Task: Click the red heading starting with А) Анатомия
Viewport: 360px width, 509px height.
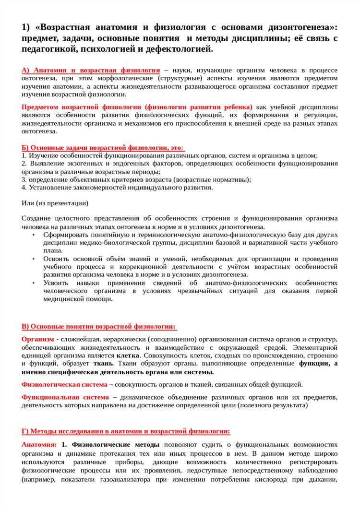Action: point(91,70)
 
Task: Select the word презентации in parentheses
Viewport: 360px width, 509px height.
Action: point(67,203)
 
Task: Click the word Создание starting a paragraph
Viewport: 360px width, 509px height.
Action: point(36,218)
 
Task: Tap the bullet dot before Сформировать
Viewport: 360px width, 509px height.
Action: point(34,235)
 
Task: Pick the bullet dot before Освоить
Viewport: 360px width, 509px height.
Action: point(34,259)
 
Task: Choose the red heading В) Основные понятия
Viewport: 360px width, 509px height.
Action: point(99,326)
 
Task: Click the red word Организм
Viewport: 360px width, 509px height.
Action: point(37,339)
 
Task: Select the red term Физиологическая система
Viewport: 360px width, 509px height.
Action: point(64,384)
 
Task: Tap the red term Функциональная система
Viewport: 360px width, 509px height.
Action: point(65,397)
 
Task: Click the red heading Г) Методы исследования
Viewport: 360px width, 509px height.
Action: point(126,431)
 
